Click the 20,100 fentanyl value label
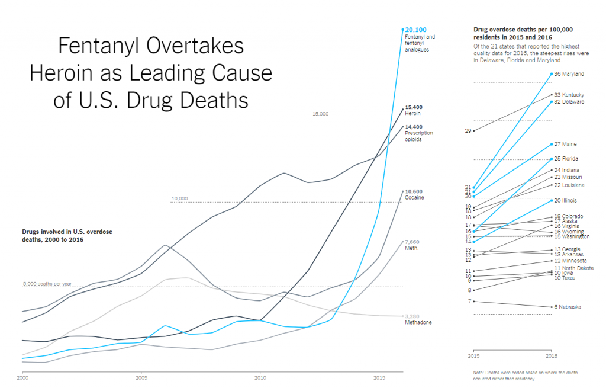coord(415,29)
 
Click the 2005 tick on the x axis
coord(141,377)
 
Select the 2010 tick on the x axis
coord(259,377)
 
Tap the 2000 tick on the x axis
coord(22,377)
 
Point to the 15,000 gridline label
coord(320,114)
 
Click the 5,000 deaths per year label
coord(46,284)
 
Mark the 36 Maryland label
coord(569,74)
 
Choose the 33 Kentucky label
coord(569,95)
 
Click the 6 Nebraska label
coord(567,307)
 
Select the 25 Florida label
coord(566,159)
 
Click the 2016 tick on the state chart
coord(551,356)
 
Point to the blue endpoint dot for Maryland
coord(551,74)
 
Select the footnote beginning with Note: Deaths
coord(525,375)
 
